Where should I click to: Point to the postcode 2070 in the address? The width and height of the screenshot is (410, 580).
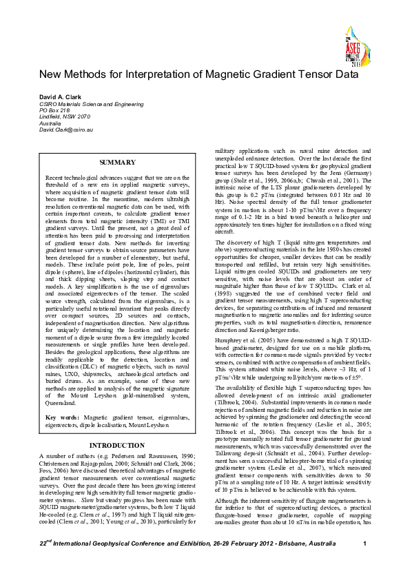tap(86, 116)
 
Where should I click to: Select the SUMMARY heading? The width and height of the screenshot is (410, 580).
tap(117, 162)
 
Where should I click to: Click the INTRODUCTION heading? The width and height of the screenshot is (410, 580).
tap(117, 445)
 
